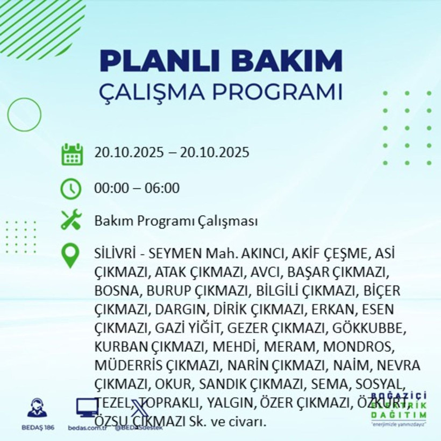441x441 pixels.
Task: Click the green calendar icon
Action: pyautogui.click(x=72, y=154)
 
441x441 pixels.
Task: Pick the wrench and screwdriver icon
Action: pyautogui.click(x=72, y=220)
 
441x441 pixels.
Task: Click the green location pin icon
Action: pyautogui.click(x=71, y=255)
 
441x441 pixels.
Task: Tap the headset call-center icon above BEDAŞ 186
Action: pyautogui.click(x=37, y=408)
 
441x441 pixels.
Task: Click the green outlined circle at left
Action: pyautogui.click(x=25, y=115)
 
